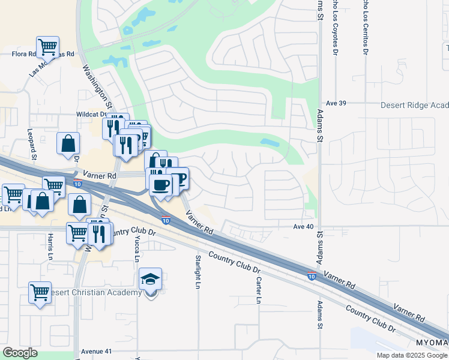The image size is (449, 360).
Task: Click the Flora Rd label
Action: coord(25,54)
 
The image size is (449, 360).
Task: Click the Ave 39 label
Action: coord(335,103)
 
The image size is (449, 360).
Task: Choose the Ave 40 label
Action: coord(303,226)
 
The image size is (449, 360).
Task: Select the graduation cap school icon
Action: coord(150,278)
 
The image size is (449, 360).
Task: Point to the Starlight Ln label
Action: coord(197,272)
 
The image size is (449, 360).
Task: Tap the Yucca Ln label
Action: coord(137,248)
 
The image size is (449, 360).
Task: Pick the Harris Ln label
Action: coord(49,247)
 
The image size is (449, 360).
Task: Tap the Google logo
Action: coord(20,353)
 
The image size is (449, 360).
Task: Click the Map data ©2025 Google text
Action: coord(411,355)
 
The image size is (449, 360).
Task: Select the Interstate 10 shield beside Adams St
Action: coord(311,276)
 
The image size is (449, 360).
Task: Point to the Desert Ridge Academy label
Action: coord(414,105)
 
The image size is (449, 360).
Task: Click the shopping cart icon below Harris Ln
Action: coord(40,293)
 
